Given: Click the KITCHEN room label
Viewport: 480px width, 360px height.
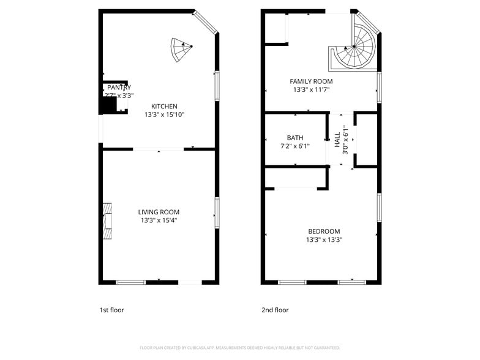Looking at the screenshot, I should (164, 106).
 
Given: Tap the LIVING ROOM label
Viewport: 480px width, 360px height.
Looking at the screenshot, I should (159, 212).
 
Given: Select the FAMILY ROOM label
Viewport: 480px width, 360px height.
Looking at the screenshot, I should (311, 81).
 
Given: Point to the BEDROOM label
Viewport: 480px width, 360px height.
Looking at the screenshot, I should (324, 231).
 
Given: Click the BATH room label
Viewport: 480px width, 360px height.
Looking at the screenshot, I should (294, 138).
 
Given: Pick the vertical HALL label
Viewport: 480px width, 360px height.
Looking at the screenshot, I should (337, 140).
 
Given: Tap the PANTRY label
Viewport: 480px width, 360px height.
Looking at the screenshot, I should (114, 88).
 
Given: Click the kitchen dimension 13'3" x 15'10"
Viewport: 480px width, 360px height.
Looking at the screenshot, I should (164, 114).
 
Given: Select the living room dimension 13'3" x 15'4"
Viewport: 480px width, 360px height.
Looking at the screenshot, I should (159, 220).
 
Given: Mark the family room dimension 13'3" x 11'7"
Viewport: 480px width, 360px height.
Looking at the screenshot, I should (311, 90).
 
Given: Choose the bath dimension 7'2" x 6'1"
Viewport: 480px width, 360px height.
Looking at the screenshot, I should (294, 146).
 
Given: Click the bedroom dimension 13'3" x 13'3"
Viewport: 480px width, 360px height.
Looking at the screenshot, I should (324, 240).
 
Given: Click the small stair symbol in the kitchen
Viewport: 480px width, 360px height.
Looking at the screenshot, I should (181, 50).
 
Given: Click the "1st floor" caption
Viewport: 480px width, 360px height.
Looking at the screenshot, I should (111, 310).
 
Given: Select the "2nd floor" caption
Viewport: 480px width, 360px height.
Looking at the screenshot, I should (275, 310).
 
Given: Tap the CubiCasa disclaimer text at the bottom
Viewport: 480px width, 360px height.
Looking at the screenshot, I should (239, 347).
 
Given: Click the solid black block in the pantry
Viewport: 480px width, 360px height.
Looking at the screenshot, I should (108, 105).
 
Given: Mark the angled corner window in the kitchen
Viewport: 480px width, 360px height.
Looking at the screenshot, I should (206, 21).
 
